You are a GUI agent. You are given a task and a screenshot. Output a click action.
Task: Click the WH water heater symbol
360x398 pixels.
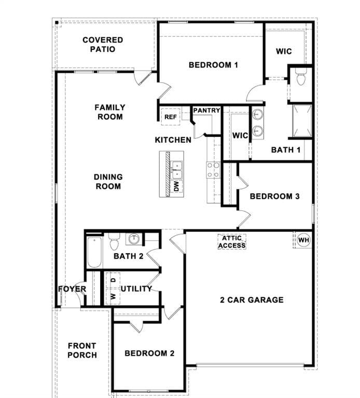pos(303,240)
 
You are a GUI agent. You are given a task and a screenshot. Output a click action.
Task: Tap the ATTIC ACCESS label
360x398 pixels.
pos(231,242)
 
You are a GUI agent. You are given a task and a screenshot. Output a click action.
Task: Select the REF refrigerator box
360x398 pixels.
pos(171,117)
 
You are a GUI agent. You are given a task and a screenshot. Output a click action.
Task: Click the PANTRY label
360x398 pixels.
pos(206,111)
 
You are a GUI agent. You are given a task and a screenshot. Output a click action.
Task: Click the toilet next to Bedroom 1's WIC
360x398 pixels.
pos(300,79)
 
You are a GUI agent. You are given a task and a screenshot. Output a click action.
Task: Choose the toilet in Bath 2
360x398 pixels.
pos(115,241)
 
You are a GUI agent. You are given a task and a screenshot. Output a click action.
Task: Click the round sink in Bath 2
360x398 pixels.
pos(134,239)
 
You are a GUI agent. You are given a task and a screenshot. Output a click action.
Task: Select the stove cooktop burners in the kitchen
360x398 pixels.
pos(213,170)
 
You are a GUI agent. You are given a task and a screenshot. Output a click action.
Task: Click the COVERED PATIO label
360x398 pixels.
pos(103,45)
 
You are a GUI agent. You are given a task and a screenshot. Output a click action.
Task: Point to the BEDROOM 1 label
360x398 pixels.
pos(213,65)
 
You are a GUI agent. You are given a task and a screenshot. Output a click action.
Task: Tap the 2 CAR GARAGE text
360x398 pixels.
pos(252,300)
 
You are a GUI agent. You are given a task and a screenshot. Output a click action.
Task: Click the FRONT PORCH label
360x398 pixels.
pos(82,350)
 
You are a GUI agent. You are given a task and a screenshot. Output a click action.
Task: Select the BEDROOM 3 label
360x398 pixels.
pos(274,196)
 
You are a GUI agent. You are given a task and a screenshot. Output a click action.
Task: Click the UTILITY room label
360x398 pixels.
pos(136,289)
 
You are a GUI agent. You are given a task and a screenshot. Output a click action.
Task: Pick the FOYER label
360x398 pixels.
pos(72,289)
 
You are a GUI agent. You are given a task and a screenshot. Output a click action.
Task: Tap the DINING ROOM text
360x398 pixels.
pos(108,182)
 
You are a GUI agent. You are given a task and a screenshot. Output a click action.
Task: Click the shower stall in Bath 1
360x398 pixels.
pos(302,121)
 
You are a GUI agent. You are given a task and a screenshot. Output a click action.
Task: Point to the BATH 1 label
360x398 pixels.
pos(286,150)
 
